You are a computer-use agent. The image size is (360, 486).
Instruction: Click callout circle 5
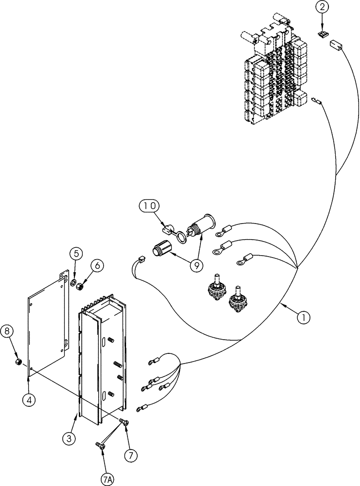(75, 253)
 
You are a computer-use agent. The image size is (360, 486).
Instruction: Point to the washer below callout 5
(73, 283)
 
